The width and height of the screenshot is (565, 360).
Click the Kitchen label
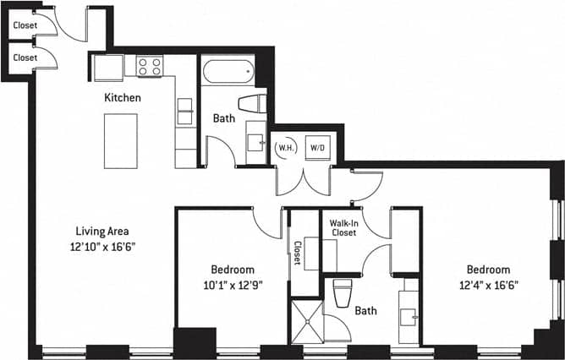122,98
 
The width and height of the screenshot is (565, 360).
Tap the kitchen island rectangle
121,140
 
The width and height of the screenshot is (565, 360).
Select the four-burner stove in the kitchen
150,66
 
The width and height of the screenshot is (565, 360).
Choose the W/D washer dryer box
318,148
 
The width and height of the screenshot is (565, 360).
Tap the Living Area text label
101,231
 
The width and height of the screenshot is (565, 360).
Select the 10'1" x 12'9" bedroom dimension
232,285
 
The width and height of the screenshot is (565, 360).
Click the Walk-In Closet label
343,226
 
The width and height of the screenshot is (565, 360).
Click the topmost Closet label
25,25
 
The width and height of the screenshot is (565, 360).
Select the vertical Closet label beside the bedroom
297,254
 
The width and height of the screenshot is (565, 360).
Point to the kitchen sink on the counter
184,111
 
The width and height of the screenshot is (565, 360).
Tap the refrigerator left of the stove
108,67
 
